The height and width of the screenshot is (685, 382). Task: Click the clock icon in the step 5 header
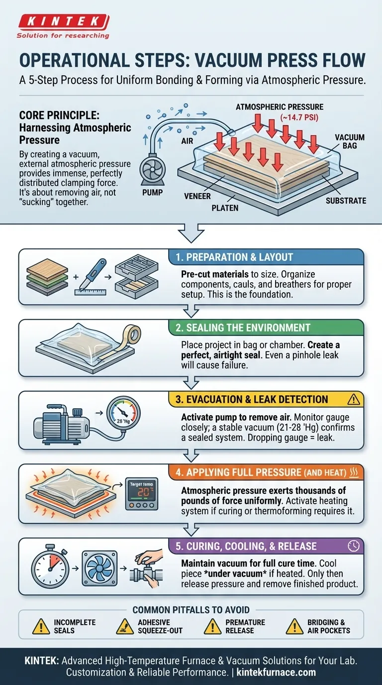pos(354,546)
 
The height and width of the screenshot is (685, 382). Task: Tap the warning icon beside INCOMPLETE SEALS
pos(41,626)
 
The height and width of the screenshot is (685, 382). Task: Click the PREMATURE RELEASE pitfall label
pos(245,626)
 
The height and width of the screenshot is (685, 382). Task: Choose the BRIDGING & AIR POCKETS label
pos(329,626)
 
